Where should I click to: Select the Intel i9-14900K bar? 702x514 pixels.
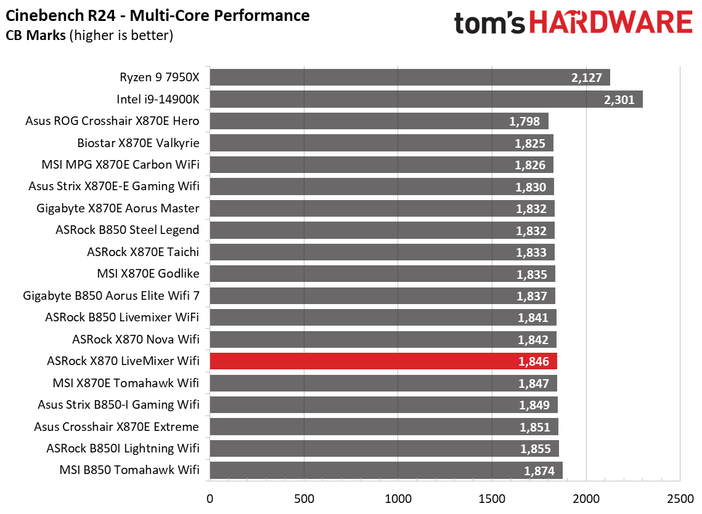[x=425, y=99]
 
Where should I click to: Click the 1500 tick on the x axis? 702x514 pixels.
[x=492, y=497]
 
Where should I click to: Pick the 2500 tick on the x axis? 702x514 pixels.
[x=680, y=497]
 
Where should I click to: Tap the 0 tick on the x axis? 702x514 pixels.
[x=210, y=497]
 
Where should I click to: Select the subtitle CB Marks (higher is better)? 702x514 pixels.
[x=89, y=36]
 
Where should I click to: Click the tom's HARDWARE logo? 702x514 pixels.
[x=573, y=23]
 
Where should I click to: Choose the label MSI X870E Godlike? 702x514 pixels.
[x=148, y=273]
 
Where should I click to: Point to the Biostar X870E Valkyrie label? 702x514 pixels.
[x=138, y=143]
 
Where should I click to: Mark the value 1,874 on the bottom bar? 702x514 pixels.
[x=540, y=472]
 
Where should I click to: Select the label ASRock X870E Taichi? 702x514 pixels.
[x=143, y=252]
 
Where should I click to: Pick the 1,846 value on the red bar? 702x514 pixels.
[x=534, y=362]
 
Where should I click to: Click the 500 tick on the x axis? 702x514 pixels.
[x=304, y=497]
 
